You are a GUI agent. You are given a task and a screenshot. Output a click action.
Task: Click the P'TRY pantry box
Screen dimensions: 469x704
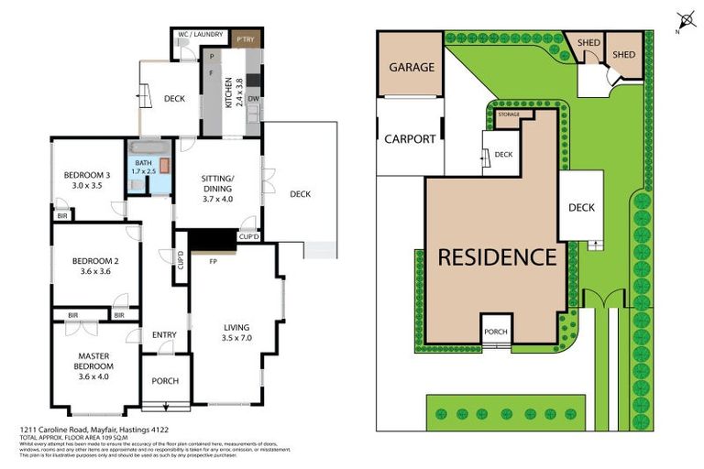[x=244, y=40]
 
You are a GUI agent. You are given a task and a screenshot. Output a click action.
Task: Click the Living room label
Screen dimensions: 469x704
[x=236, y=332]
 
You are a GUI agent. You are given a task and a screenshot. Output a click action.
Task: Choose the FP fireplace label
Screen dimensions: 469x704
[x=212, y=262]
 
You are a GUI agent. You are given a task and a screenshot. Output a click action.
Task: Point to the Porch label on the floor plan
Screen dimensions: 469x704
[x=165, y=381]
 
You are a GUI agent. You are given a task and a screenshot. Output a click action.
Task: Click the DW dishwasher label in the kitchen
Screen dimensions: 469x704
[x=251, y=99]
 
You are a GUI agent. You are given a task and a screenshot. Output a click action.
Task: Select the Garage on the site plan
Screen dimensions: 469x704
[x=411, y=68]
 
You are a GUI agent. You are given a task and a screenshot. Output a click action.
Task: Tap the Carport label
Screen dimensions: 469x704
[x=410, y=139]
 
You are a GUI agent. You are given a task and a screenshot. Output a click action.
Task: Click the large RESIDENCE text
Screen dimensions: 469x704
[x=496, y=257]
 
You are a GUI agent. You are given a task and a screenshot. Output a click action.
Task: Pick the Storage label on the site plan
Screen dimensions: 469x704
[x=508, y=115]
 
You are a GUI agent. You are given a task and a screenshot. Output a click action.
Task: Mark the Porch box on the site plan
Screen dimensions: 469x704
[x=496, y=332]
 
